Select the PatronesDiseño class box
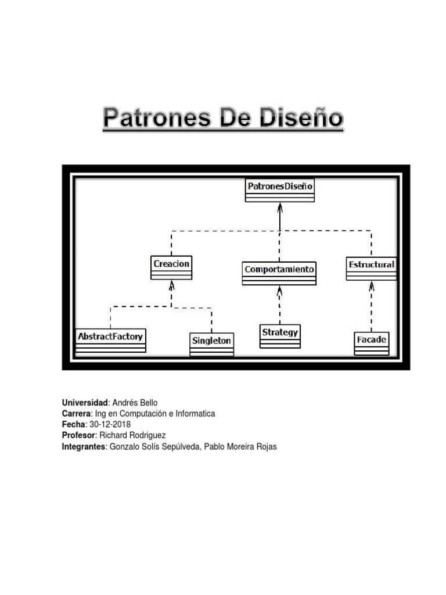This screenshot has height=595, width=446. click(280, 190)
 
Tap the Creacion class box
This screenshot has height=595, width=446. click(171, 267)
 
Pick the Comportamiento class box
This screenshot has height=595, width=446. click(279, 273)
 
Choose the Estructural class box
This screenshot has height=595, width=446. click(371, 268)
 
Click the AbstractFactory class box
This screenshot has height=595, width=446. click(110, 340)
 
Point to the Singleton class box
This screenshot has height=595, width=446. click(211, 343)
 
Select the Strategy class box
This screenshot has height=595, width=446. click(280, 336)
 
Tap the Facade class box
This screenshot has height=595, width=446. click(372, 343)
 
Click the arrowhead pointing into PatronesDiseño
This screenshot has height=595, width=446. click(280, 207)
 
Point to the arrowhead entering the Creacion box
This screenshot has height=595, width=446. click(171, 284)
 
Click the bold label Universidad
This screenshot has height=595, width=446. click(85, 403)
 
